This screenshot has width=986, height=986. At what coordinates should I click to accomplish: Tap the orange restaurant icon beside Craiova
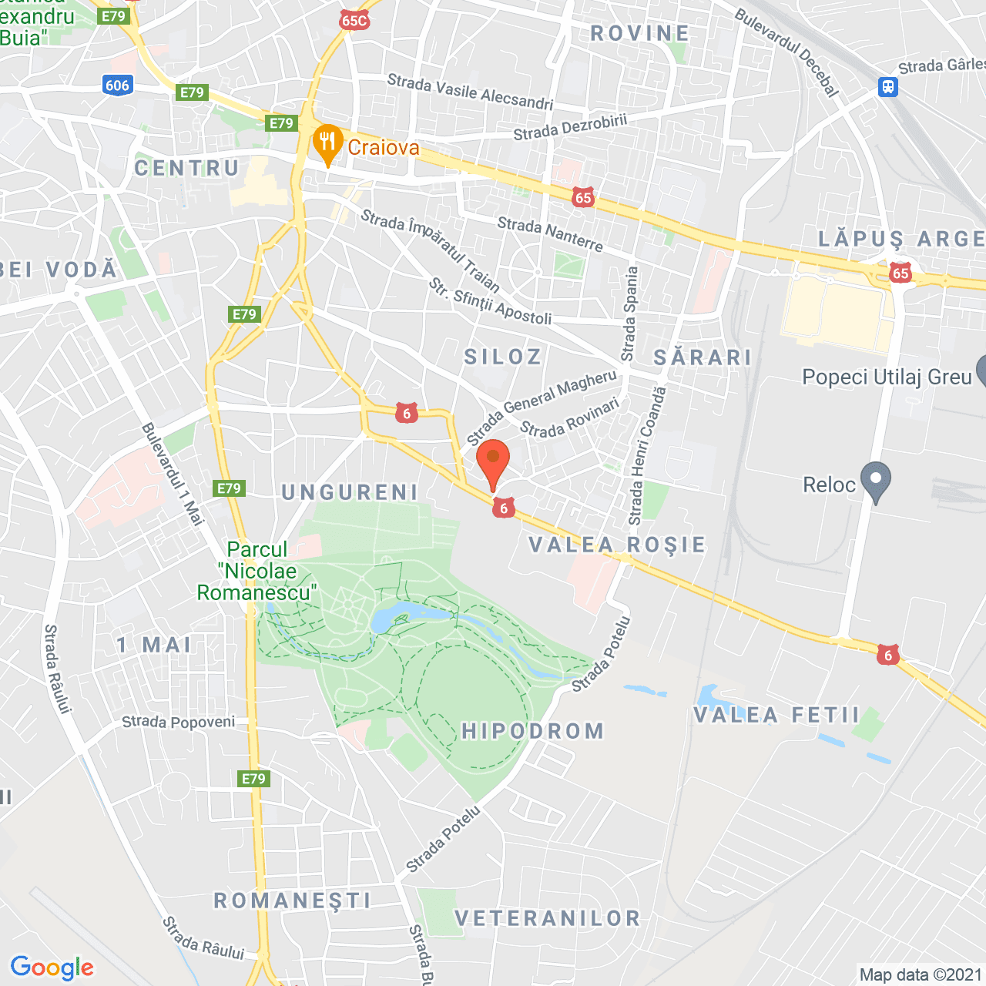(x=328, y=143)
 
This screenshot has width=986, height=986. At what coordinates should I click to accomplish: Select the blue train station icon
(x=888, y=86)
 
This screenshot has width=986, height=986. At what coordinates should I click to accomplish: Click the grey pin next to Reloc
(x=875, y=481)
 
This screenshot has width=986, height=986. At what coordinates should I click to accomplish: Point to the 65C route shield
(x=354, y=20)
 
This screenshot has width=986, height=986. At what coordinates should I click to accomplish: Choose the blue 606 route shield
(x=117, y=85)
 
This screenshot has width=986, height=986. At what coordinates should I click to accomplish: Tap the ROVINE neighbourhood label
(x=639, y=33)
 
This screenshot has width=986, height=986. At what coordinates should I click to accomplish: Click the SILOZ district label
(x=503, y=357)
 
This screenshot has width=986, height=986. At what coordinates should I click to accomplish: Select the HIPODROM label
(x=533, y=731)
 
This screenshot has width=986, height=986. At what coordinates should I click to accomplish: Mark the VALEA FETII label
(x=776, y=715)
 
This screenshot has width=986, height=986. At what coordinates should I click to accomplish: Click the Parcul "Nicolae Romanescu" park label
(x=257, y=571)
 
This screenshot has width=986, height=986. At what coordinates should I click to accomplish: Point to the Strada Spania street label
(x=630, y=314)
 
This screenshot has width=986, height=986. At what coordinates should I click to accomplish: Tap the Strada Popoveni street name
(x=179, y=722)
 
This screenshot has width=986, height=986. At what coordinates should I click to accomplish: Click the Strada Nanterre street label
(x=550, y=234)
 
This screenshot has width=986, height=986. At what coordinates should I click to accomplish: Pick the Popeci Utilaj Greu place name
(x=887, y=377)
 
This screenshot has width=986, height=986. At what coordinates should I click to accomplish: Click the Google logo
(x=52, y=968)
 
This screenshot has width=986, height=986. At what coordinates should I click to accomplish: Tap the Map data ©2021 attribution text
(x=921, y=974)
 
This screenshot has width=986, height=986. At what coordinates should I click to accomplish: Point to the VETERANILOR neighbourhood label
(x=548, y=918)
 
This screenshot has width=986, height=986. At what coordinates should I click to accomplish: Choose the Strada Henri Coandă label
(x=647, y=456)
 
